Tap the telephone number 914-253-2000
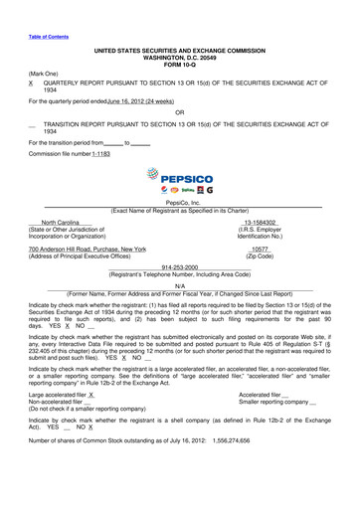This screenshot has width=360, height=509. [179, 267]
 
